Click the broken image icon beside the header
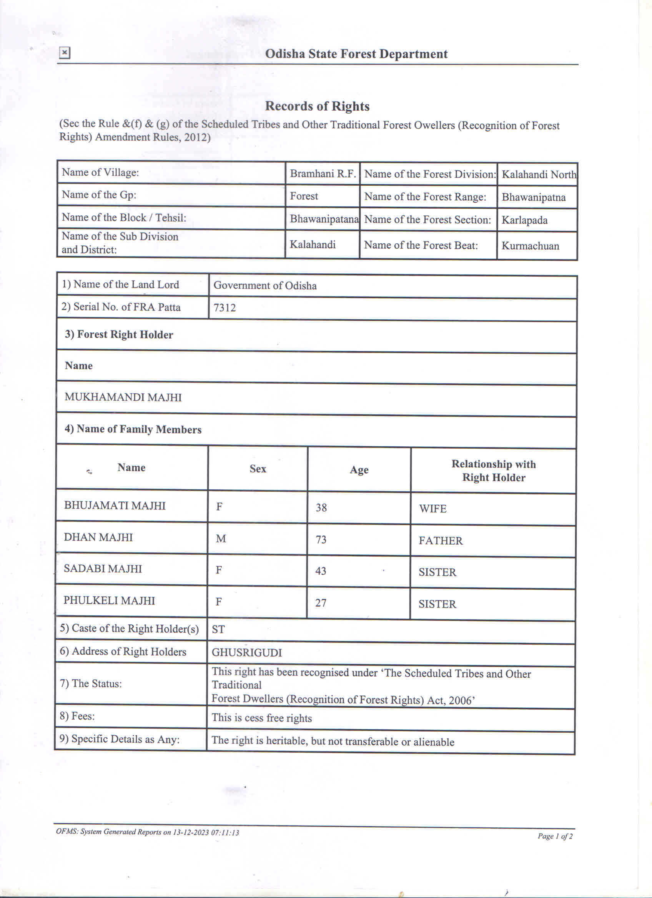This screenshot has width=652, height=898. pos(65,53)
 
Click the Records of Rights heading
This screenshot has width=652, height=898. pos(317,106)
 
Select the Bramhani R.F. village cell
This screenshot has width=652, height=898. pos(323,173)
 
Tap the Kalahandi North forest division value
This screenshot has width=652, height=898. pos(538,175)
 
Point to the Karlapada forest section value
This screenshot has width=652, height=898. pos(524,220)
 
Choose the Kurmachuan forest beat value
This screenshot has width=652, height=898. pos(530,246)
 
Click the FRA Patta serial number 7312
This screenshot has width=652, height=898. pos(225,308)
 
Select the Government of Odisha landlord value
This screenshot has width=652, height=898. pos(265,286)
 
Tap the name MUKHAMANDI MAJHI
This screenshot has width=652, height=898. pos(123,397)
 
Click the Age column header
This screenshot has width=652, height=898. pos(359,470)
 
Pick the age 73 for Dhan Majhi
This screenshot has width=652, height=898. pos(321,540)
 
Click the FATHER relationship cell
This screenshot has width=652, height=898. pos(441,541)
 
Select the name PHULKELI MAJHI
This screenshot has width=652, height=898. pos(109,600)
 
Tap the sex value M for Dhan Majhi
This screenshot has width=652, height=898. pos(221,539)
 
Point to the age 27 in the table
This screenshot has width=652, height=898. pos(321,603)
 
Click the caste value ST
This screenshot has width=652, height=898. pos(218,630)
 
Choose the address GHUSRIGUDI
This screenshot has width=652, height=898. pos(247,652)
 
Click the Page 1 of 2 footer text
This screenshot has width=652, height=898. pos(555,836)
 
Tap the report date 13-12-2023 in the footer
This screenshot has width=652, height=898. pos(191,832)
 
